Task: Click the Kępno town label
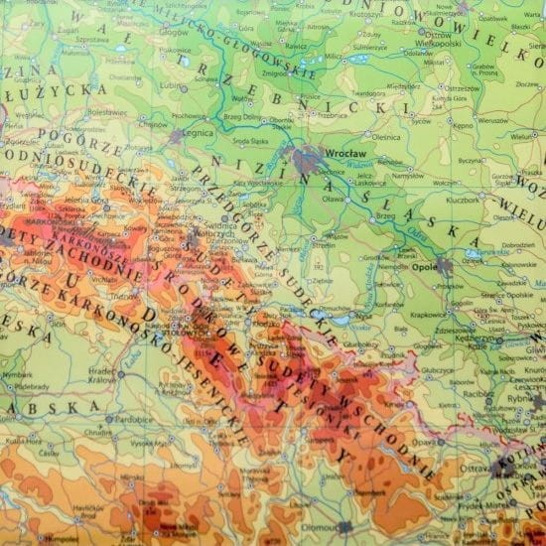tap(463, 127)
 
